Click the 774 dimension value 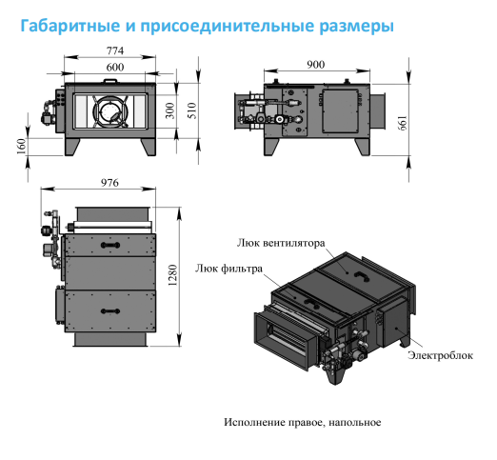(x=115, y=50)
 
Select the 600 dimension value (x=115, y=67)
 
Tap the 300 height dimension (x=170, y=110)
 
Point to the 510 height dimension (x=192, y=110)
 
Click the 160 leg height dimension (x=21, y=147)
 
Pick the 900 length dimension (x=315, y=65)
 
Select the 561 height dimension (x=402, y=123)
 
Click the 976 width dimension (x=109, y=183)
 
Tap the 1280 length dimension (x=172, y=275)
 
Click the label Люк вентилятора (x=281, y=243)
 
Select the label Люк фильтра (x=229, y=269)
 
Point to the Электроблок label (x=440, y=355)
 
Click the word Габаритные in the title (x=70, y=26)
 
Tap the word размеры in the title (x=356, y=27)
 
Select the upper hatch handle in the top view (x=110, y=245)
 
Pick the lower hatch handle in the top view (x=110, y=310)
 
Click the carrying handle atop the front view (x=110, y=81)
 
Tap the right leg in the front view (x=149, y=147)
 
